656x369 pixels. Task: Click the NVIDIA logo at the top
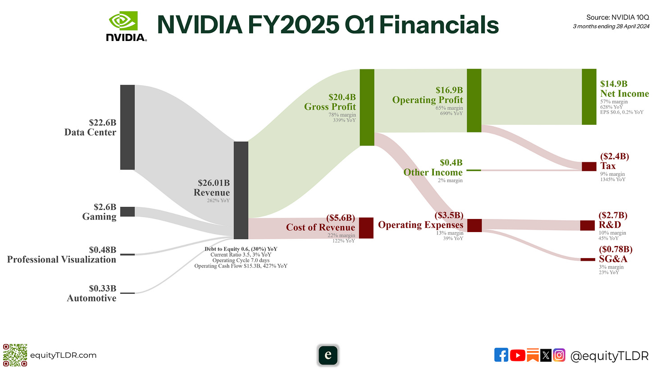(x=126, y=26)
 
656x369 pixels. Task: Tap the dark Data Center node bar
(x=128, y=127)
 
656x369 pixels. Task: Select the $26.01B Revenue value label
(x=214, y=183)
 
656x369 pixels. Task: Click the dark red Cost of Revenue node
(x=366, y=228)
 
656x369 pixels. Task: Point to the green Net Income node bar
(x=589, y=97)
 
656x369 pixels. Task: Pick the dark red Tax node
(x=589, y=166)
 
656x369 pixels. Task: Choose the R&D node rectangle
(x=587, y=225)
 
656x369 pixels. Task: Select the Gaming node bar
(x=128, y=212)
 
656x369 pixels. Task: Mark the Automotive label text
(x=91, y=298)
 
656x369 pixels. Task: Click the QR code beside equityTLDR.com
(x=15, y=355)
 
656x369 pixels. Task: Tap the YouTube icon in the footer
(x=518, y=355)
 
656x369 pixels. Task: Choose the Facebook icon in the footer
(x=501, y=355)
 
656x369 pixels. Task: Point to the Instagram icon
(x=559, y=355)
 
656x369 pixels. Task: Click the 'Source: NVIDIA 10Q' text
(x=617, y=18)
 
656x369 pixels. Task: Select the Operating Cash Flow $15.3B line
(x=241, y=266)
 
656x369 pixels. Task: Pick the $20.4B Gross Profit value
(x=342, y=96)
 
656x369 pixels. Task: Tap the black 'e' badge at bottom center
(x=328, y=355)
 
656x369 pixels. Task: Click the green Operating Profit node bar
(x=474, y=100)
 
